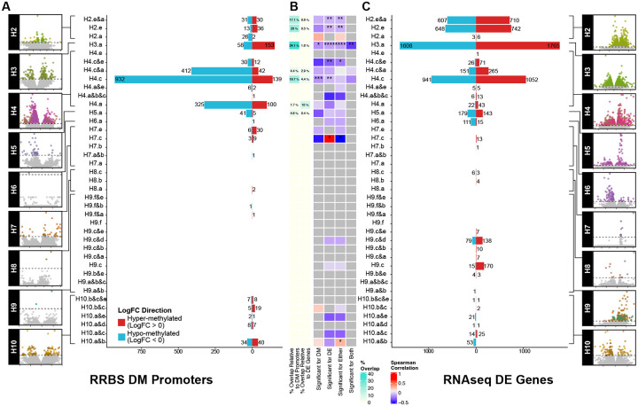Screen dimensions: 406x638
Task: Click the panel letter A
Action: click(6, 7)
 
